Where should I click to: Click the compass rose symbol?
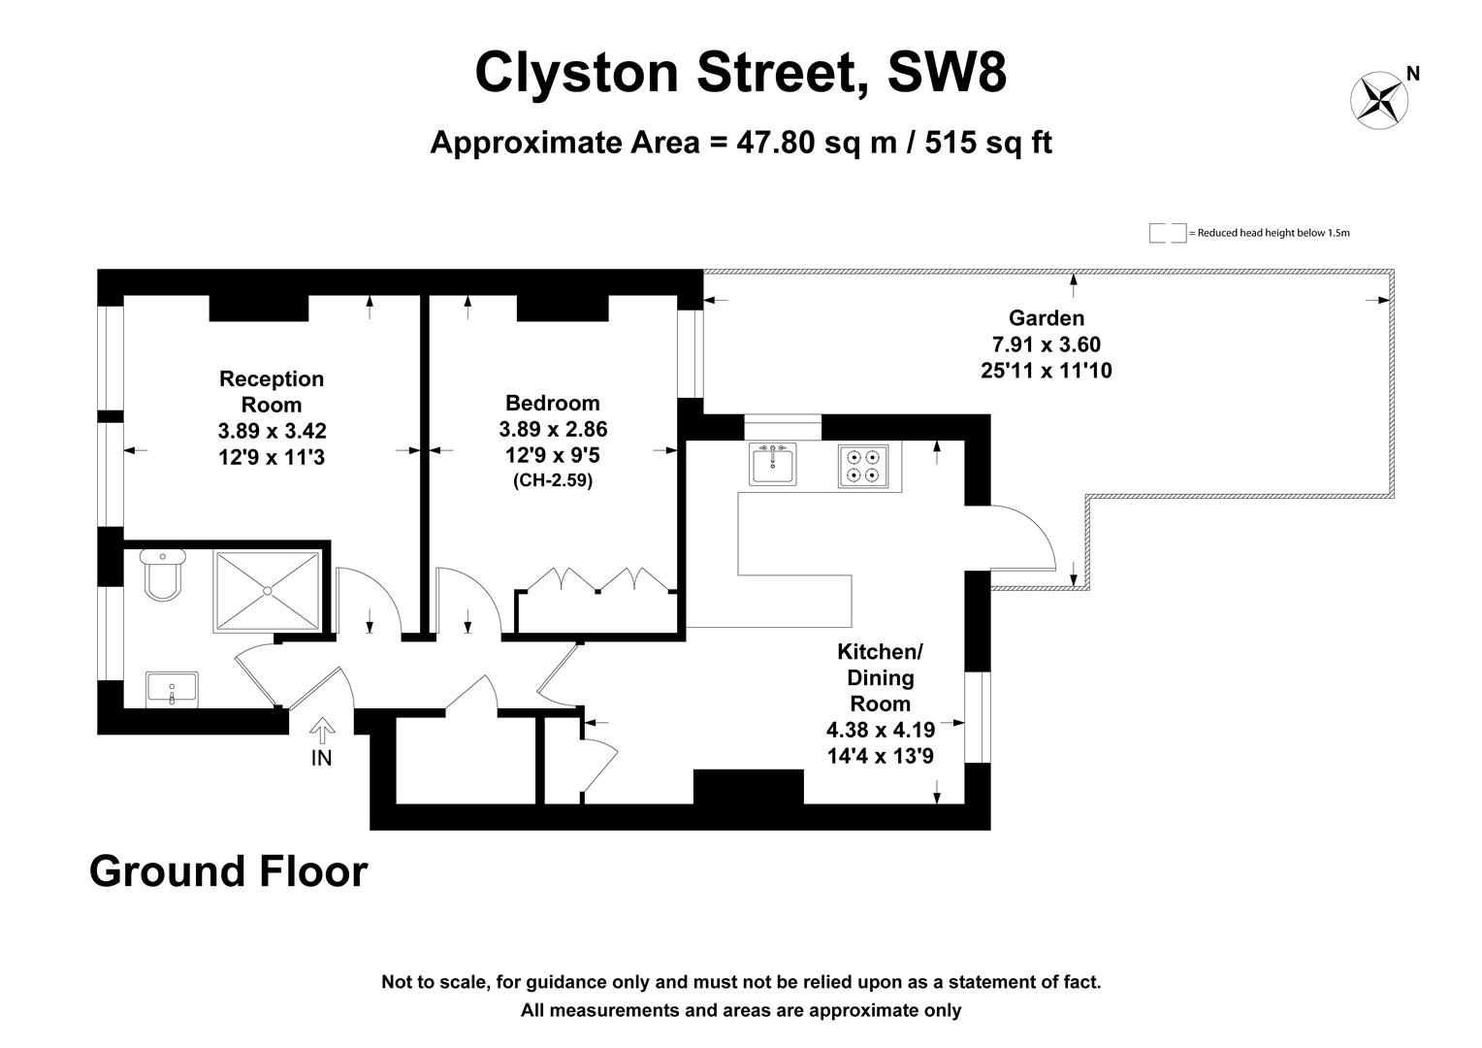(x=1379, y=101)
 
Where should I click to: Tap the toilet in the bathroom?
(x=163, y=574)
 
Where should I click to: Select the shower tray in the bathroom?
(x=268, y=591)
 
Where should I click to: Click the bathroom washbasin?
(x=172, y=690)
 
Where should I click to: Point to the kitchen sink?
(x=773, y=464)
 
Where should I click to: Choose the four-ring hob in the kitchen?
(x=863, y=466)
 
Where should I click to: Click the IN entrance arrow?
(x=322, y=731)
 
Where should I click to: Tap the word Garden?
(x=1047, y=317)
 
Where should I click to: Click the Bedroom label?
(x=553, y=403)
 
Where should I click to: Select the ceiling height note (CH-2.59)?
(x=553, y=480)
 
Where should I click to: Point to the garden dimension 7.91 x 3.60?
(x=1047, y=344)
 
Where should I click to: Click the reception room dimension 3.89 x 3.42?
(x=272, y=431)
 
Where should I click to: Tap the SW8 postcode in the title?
(x=947, y=72)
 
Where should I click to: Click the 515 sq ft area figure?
(x=988, y=143)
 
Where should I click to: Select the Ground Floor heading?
(x=228, y=871)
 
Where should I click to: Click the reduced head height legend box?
(x=1168, y=233)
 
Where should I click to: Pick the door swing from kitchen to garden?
(x=1023, y=537)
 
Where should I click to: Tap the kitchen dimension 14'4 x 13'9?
(x=881, y=755)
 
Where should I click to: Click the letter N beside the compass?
(x=1413, y=74)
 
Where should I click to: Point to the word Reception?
(x=272, y=378)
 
